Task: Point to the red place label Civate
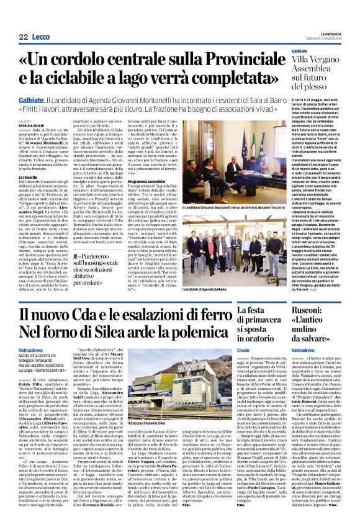tap(245, 351)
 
